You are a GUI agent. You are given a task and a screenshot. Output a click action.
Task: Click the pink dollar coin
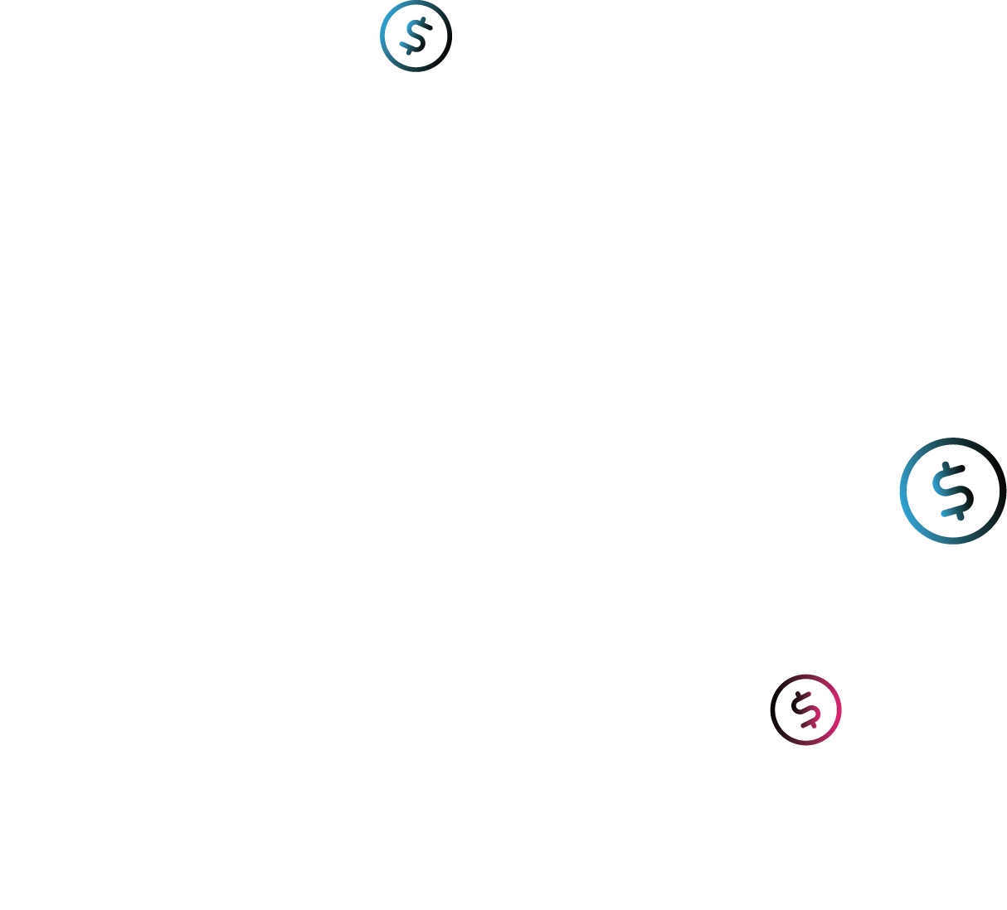point(805,709)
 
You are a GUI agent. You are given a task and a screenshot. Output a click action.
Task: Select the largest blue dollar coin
point(952,491)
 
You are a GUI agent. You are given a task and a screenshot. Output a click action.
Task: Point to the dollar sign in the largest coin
point(951,491)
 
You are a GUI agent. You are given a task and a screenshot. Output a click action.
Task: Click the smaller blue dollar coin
point(416,36)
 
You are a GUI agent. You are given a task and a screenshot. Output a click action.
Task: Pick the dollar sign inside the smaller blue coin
point(416,36)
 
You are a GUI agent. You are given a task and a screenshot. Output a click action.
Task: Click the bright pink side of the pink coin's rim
point(839,709)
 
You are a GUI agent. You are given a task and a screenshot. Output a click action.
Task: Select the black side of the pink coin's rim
point(773,709)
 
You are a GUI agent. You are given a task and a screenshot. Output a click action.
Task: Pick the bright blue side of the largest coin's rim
point(902,491)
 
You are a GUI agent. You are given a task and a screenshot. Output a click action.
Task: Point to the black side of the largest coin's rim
point(1003,491)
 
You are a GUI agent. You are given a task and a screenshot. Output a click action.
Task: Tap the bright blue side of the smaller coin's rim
point(383,36)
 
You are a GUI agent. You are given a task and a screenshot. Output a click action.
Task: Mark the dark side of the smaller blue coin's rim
point(449,36)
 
